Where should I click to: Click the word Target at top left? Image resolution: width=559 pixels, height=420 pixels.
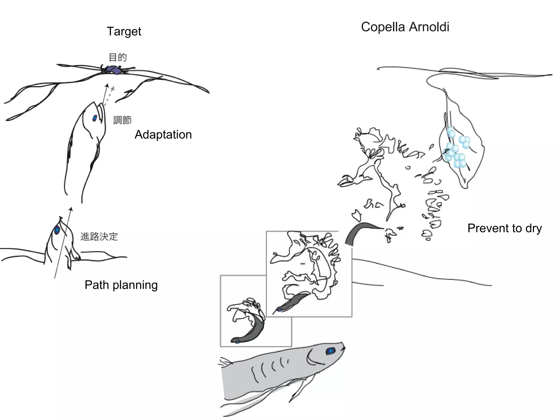click(x=124, y=31)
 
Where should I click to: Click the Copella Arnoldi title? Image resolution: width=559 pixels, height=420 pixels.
click(x=405, y=27)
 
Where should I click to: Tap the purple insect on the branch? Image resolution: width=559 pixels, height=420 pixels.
click(x=113, y=70)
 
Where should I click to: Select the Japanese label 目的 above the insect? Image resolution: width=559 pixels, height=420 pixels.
click(x=118, y=57)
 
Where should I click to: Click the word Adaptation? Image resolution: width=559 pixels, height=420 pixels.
click(x=163, y=135)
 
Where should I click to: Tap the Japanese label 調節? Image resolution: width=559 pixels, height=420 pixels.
click(x=122, y=120)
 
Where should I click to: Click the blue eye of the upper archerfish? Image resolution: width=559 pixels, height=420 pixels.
click(x=95, y=118)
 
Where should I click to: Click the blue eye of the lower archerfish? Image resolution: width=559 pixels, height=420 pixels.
click(x=57, y=230)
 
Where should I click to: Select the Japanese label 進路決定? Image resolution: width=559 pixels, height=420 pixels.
click(x=99, y=237)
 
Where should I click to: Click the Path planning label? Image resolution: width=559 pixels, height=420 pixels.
click(x=121, y=285)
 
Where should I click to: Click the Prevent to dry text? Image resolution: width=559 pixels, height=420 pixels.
click(x=504, y=228)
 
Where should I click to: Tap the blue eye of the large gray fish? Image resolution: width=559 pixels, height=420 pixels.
click(x=331, y=351)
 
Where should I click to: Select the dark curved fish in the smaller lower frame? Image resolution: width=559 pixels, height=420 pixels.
click(x=250, y=334)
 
